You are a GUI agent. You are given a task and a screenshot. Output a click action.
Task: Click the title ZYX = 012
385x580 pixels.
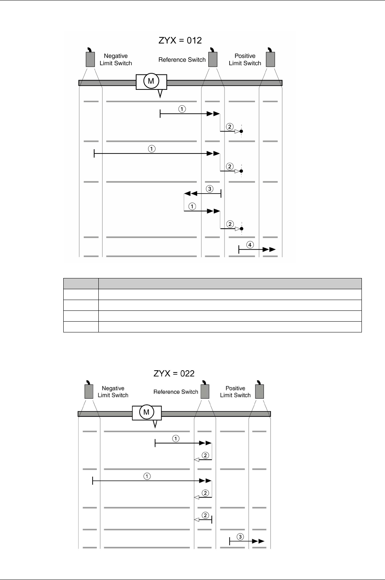point(180,40)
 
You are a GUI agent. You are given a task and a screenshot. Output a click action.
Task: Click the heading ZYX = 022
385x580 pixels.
point(174,373)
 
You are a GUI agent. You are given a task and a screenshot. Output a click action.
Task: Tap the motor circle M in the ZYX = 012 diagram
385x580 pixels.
point(151,81)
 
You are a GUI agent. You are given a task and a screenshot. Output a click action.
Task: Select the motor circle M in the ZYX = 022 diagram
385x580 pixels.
point(147,413)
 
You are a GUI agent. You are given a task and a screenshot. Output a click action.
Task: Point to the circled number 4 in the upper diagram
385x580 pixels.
point(250,244)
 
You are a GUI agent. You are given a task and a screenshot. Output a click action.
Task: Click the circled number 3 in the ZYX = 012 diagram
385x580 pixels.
point(209,189)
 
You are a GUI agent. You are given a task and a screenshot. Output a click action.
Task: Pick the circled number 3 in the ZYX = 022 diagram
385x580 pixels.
point(240,536)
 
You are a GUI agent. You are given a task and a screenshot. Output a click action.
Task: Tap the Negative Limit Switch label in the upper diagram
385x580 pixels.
point(116,60)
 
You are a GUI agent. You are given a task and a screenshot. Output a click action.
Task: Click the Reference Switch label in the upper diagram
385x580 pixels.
point(182,60)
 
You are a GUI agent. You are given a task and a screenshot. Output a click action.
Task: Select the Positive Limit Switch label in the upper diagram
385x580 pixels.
point(245,60)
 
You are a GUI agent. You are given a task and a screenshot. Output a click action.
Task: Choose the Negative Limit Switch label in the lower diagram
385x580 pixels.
point(113,392)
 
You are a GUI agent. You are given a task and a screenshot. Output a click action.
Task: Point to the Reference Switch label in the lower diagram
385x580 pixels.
point(176,392)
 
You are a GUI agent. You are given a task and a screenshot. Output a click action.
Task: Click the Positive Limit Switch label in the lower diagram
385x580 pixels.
point(235,392)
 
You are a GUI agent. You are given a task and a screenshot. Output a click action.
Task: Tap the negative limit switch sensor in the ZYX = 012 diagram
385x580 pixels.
point(90,59)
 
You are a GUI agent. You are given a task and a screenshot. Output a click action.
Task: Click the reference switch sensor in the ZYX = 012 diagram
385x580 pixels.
point(213,59)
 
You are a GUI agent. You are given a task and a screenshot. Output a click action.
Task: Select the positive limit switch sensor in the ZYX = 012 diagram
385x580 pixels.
point(270,59)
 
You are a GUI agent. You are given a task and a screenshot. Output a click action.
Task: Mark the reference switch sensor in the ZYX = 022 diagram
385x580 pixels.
point(205,391)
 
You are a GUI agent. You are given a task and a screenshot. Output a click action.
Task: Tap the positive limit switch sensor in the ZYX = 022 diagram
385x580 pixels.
point(260,391)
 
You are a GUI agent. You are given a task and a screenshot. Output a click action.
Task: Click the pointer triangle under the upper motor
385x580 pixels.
point(160,94)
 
